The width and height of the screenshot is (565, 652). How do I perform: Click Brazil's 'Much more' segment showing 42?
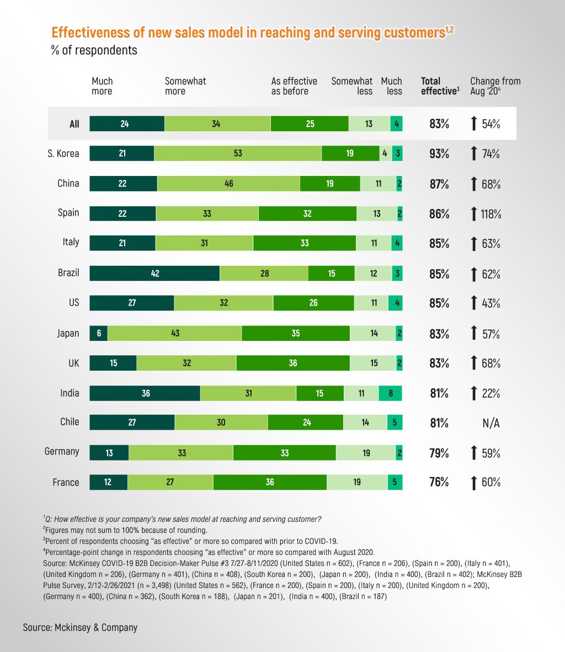click(x=154, y=274)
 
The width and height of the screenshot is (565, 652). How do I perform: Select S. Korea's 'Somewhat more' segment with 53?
click(x=238, y=153)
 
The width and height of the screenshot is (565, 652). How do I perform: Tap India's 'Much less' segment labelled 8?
click(x=391, y=393)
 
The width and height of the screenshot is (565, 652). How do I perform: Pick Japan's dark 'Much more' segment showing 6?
click(x=99, y=333)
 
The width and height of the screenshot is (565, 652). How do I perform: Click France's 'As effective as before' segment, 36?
click(x=270, y=482)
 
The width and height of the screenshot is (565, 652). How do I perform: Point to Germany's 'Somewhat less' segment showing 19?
click(x=366, y=453)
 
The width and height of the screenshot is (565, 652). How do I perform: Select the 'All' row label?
click(x=74, y=124)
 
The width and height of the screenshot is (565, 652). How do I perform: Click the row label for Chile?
click(x=70, y=422)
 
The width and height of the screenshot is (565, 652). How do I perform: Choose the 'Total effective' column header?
click(x=440, y=86)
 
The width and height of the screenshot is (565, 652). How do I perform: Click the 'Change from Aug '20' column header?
click(x=495, y=86)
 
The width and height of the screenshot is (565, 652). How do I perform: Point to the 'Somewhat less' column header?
click(x=352, y=86)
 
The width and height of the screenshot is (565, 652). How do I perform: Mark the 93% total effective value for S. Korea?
click(x=439, y=154)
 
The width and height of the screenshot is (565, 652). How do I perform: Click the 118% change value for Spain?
click(x=491, y=214)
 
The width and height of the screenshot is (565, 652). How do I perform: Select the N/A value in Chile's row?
click(x=491, y=423)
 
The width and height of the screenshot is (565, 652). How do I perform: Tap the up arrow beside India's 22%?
click(x=474, y=393)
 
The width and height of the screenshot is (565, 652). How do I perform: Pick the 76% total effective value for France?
click(x=439, y=482)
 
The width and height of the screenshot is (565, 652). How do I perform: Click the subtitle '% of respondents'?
click(x=94, y=50)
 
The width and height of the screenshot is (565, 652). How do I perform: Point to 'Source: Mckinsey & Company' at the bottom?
click(x=80, y=627)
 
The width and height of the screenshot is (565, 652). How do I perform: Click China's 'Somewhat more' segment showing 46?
click(x=229, y=184)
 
